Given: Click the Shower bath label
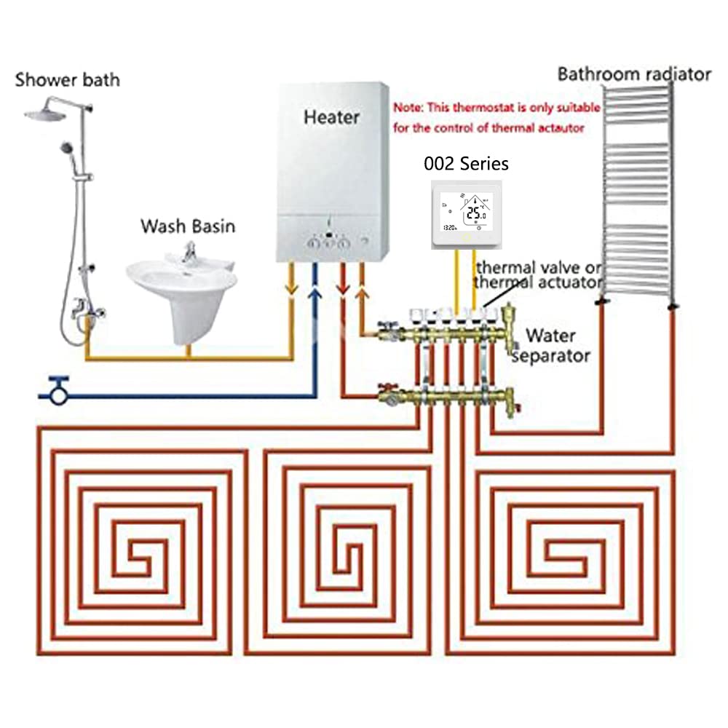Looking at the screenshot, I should (x=67, y=79).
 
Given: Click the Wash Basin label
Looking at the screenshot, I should (x=188, y=226).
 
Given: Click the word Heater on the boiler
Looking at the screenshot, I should (x=331, y=116).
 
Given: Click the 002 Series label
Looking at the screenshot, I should (x=467, y=164).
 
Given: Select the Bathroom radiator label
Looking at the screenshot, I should (x=633, y=74).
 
